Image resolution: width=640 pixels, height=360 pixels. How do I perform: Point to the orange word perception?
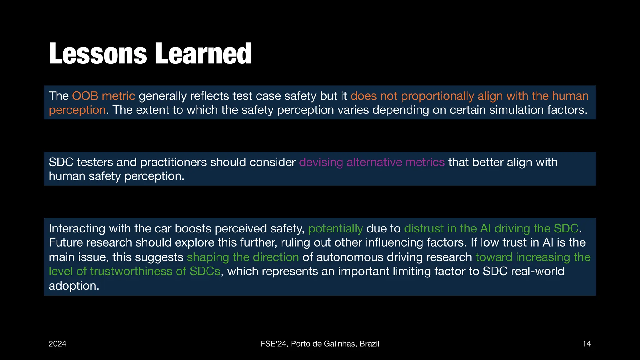77,110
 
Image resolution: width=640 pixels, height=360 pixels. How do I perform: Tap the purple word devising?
321,162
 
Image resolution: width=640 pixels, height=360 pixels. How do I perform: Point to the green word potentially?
335,229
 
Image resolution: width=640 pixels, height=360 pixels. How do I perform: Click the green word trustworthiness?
131,271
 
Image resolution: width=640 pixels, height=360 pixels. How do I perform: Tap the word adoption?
74,286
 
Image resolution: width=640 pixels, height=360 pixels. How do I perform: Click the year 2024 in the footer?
57,344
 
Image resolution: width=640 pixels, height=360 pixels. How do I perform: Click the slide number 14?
587,344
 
